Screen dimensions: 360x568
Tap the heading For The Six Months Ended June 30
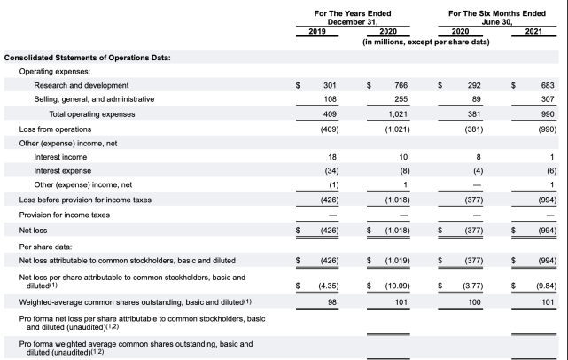point(496,18)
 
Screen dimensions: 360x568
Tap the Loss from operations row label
point(55,129)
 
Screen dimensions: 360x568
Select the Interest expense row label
point(62,171)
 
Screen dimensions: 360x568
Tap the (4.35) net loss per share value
point(326,286)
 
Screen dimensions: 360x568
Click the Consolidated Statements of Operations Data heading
point(88,57)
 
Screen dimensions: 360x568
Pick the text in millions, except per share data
point(425,42)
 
